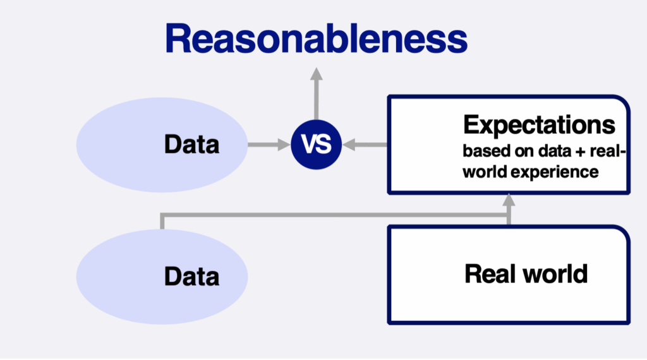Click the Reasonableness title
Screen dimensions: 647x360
(x=316, y=39)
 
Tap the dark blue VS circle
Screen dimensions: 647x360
(x=316, y=145)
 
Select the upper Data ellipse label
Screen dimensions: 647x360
(x=192, y=145)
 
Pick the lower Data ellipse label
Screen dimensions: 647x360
(x=192, y=276)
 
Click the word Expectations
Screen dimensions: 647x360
(x=539, y=125)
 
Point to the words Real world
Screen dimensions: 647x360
(x=526, y=273)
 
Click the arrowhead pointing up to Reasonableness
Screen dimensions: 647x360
(x=316, y=74)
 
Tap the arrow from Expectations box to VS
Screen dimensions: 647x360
(x=365, y=145)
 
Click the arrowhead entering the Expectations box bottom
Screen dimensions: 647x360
(x=509, y=200)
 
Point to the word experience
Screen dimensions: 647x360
(x=555, y=172)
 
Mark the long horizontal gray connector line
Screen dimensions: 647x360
(x=335, y=215)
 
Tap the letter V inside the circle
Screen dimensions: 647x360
(x=308, y=145)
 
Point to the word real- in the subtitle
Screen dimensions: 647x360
(x=608, y=151)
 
